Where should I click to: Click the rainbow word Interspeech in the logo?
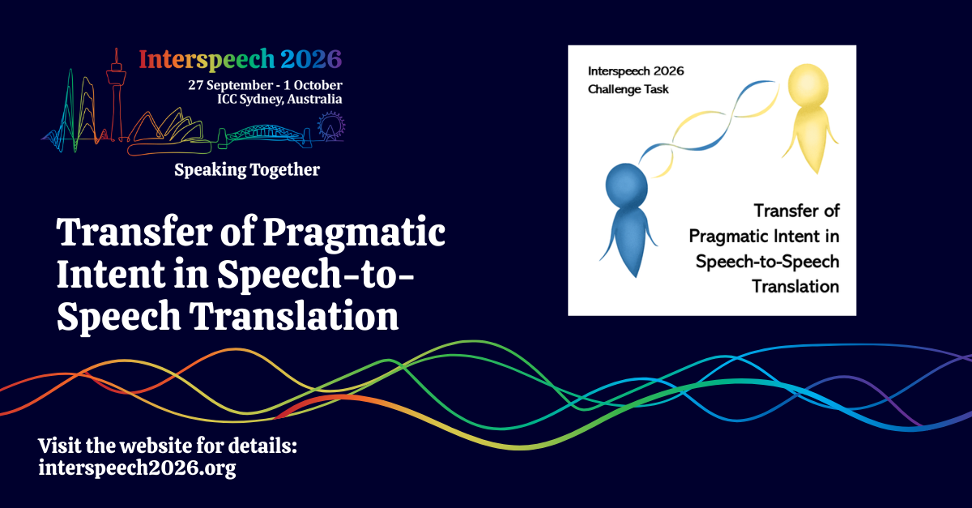(207, 60)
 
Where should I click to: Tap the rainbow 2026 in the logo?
(311, 59)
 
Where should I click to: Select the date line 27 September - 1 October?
(265, 85)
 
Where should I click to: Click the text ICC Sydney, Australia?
(279, 100)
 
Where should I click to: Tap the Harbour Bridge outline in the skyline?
(265, 134)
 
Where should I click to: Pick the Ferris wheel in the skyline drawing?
(331, 126)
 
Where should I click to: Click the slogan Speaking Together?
(247, 170)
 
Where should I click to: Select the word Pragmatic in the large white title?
(354, 233)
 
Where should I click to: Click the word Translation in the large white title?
(294, 316)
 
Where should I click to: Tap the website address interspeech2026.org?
(137, 468)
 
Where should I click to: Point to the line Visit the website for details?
(168, 446)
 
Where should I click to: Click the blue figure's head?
(627, 186)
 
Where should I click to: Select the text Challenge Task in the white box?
(628, 89)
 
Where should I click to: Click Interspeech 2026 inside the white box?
(636, 71)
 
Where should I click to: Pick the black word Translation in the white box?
(795, 287)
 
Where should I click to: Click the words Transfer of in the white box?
(797, 211)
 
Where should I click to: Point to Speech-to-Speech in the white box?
(768, 262)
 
